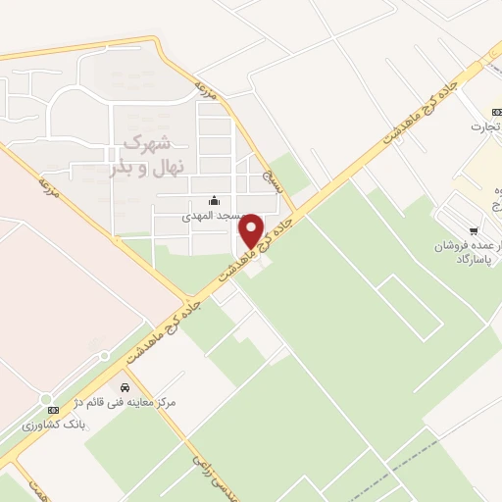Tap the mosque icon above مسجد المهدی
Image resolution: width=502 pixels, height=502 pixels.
(x=215, y=200)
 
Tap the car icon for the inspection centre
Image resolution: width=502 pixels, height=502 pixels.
(x=125, y=388)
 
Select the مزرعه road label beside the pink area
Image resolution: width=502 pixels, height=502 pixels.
(x=48, y=187)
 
